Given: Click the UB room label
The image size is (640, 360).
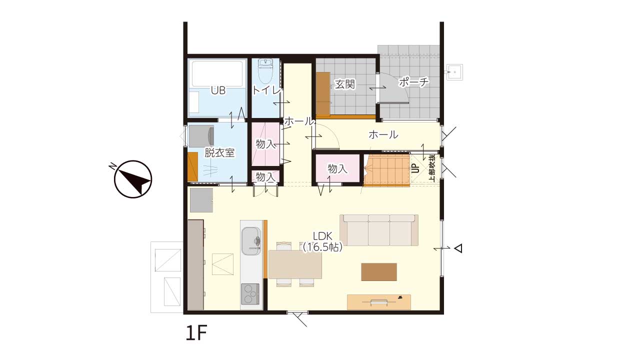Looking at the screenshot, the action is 218,90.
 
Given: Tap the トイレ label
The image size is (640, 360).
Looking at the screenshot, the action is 266,90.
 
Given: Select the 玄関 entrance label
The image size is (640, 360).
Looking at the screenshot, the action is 345,84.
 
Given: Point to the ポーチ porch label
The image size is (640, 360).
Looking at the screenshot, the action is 413,82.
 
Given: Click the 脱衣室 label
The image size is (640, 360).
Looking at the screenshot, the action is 219,153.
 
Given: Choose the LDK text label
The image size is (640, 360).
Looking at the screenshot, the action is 322,236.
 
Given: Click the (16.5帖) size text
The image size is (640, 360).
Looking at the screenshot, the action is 322,247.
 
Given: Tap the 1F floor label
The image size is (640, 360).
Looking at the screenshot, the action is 196,333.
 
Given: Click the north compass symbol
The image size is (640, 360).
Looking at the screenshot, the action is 133,179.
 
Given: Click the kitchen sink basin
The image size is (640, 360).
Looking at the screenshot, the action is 251,241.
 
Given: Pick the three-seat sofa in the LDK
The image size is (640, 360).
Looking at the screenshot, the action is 379,230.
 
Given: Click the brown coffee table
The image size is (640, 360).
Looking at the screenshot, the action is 379,271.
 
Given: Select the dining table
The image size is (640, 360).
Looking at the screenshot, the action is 295,264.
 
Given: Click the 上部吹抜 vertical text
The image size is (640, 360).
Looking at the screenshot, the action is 432,168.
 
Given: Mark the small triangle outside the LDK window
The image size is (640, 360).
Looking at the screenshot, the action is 458,248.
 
